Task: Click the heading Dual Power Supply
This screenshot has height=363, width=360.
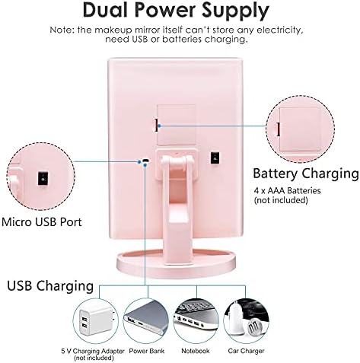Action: [176, 11]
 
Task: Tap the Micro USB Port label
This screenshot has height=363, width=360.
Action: [42, 222]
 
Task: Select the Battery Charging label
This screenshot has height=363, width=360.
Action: [306, 174]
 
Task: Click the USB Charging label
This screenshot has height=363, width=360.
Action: [50, 286]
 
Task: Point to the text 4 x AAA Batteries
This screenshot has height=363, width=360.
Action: [287, 190]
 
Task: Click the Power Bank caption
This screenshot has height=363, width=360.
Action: [147, 351]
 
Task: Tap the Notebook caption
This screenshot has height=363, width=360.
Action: [196, 351]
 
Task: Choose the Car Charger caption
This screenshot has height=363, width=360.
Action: [246, 351]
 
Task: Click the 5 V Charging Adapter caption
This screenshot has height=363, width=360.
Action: [93, 351]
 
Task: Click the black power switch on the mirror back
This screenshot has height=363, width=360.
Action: [215, 158]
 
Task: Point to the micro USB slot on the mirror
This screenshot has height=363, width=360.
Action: [145, 161]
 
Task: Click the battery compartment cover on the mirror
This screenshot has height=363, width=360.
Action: [177, 125]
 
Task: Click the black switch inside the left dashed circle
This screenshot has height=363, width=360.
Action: [43, 179]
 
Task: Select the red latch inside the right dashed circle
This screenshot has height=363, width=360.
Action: [279, 129]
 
